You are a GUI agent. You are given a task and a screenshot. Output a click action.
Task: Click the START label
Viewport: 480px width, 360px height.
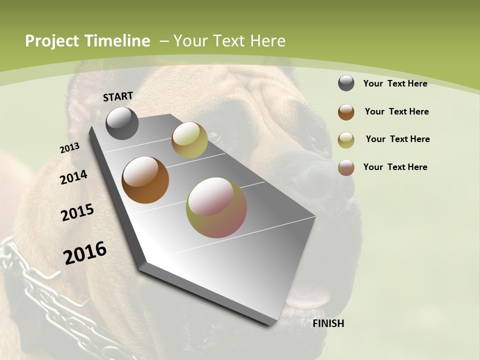click(x=118, y=96)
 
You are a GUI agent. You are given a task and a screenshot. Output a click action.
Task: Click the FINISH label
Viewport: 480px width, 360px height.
click(x=328, y=323)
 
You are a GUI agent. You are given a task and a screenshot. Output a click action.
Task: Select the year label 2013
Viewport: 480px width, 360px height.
click(x=70, y=148)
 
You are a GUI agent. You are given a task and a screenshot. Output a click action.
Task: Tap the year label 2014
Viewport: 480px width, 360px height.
click(x=74, y=177)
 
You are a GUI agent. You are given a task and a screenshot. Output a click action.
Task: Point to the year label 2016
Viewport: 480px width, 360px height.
click(x=85, y=253)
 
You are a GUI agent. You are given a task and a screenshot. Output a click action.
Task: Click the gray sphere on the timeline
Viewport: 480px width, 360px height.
click(x=122, y=123)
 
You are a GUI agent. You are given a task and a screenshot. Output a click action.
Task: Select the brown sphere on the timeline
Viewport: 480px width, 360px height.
click(x=145, y=180)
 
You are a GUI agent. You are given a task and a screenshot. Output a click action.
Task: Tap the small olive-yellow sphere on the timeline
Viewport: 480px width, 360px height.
click(x=189, y=140)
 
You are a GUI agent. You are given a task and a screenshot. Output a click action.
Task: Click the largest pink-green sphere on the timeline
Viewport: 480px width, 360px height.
click(x=216, y=207)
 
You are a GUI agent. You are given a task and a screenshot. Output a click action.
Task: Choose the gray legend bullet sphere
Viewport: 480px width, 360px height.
click(x=346, y=83)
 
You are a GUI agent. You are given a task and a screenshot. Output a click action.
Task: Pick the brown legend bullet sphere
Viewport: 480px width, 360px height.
click(x=346, y=112)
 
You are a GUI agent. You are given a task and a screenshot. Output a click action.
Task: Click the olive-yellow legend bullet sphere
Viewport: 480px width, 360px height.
click(x=346, y=140)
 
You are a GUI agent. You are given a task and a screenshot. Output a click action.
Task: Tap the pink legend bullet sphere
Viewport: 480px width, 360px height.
click(x=346, y=167)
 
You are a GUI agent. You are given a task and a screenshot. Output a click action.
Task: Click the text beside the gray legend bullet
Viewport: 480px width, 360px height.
click(x=395, y=83)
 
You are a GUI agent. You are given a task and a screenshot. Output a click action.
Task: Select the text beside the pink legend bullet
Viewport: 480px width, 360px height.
click(x=395, y=167)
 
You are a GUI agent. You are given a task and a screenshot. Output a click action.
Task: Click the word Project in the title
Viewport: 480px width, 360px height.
click(x=52, y=41)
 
